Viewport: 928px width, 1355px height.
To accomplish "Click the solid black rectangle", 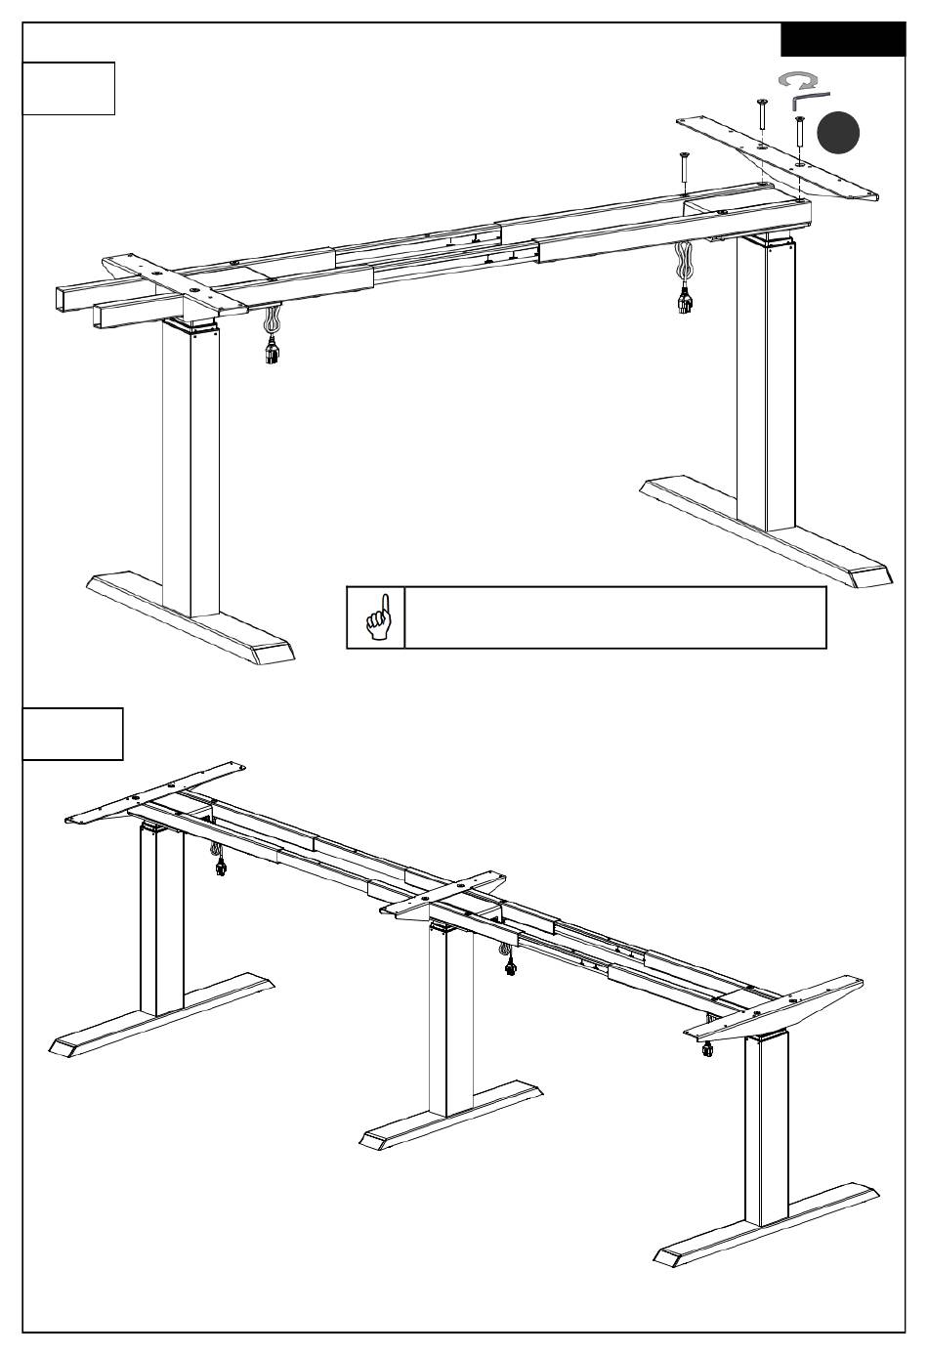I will pos(843,40).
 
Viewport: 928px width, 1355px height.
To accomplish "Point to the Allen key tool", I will pos(809,100).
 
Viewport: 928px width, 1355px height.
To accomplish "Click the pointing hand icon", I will pos(376,617).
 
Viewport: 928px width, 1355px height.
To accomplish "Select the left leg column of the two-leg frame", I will pos(190,469).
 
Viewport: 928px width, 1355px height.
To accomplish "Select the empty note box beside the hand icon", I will pos(615,617).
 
